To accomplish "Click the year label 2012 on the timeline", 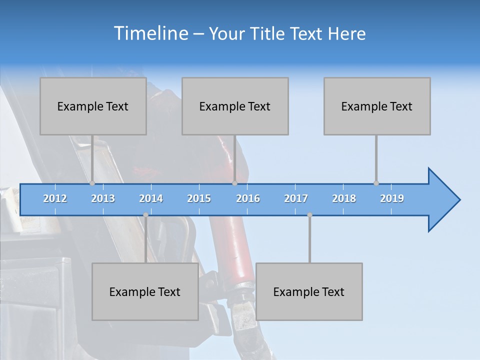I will point(55,198).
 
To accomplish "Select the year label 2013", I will point(103,198).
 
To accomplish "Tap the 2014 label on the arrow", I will point(151,198).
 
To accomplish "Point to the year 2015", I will point(199,198).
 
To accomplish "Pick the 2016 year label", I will point(248,198).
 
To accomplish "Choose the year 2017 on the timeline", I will point(296,198).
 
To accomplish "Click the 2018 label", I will point(344,198).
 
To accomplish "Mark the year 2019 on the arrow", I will point(392,198).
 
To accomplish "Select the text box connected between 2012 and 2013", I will point(93,106).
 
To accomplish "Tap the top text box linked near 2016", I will point(235,106).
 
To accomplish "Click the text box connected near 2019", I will point(377,106).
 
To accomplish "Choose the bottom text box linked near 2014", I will point(145,291).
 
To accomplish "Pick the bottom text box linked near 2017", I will point(309,291).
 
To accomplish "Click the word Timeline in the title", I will point(150,33).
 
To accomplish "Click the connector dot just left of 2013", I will point(92,183).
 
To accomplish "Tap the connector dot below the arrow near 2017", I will point(309,215).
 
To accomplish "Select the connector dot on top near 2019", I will point(376,183).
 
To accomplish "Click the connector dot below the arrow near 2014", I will point(145,215).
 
